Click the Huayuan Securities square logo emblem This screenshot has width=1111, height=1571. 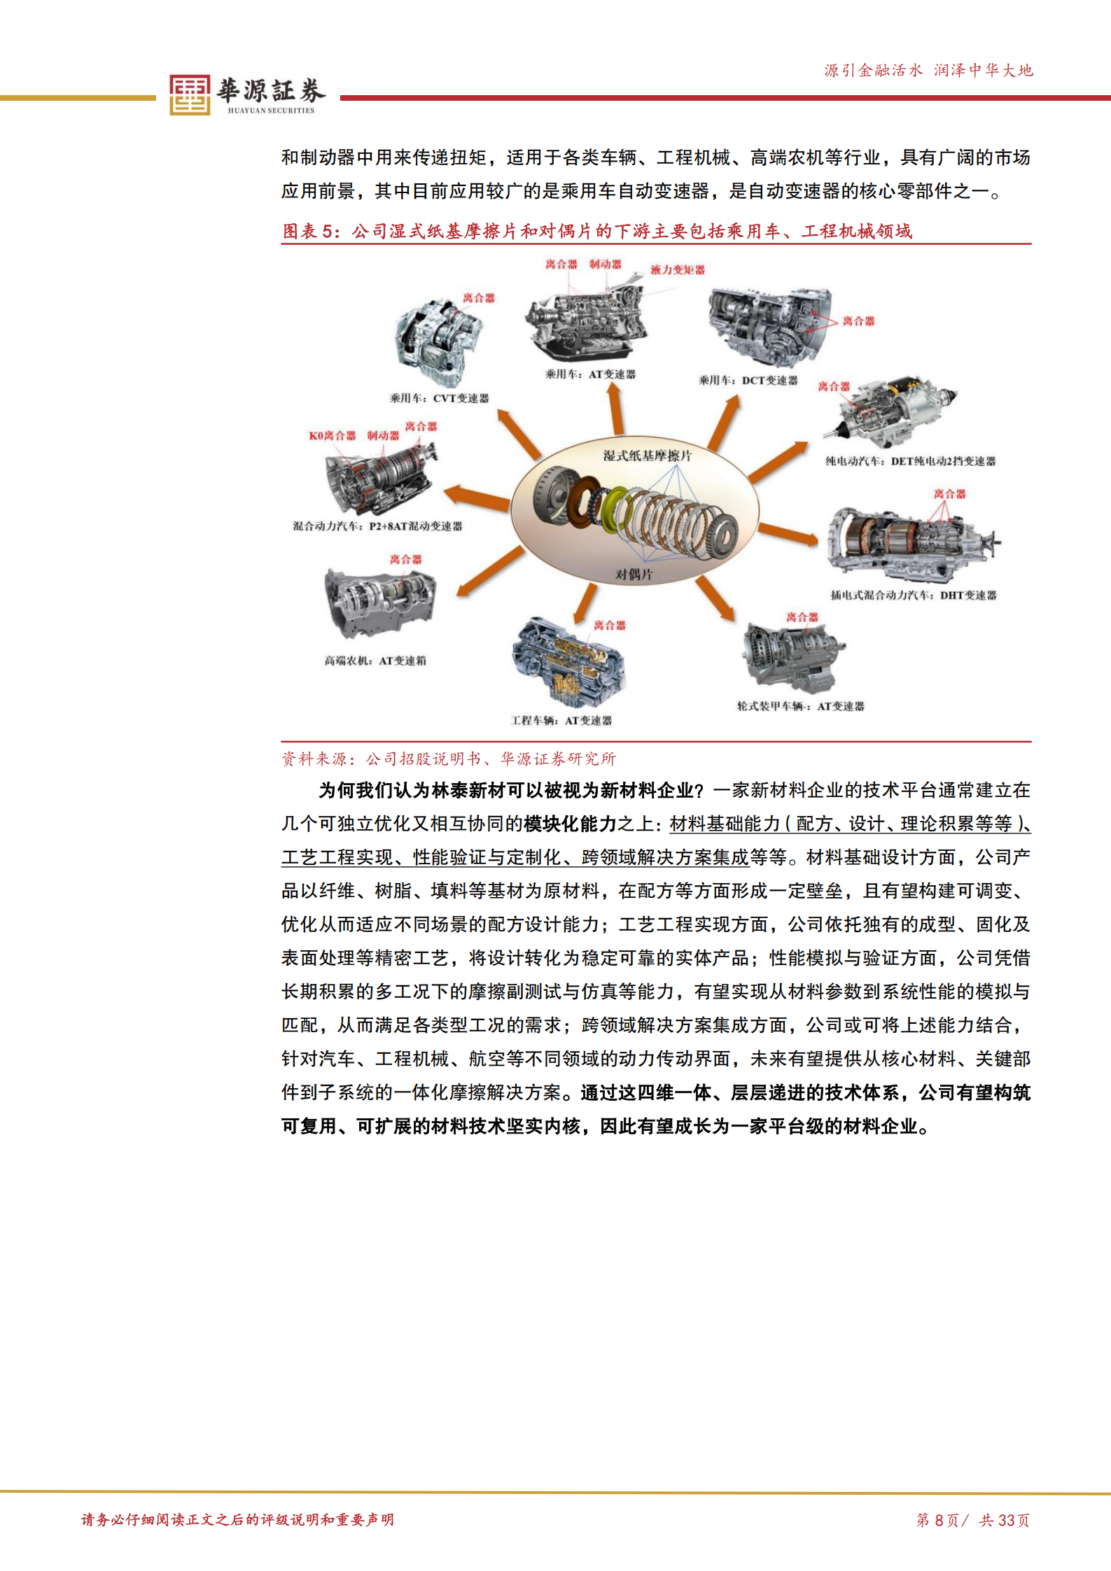coord(189,94)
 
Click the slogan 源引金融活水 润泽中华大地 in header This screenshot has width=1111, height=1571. coord(928,70)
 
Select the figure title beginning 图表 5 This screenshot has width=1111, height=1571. coord(596,231)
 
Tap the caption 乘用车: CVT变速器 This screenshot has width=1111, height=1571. coord(439,398)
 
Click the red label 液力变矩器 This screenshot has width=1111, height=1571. coord(677,269)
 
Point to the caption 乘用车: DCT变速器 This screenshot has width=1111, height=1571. coord(748,380)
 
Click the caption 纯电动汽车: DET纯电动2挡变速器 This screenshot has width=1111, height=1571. coord(910,461)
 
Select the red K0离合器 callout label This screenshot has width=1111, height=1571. coord(332,435)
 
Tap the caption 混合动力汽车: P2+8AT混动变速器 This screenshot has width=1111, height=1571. coord(377,526)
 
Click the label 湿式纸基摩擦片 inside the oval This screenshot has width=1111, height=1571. coord(647,456)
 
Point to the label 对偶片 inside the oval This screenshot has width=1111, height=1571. coord(634,574)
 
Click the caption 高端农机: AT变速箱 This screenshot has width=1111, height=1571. coord(375,660)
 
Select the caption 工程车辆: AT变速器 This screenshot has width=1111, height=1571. coord(561,720)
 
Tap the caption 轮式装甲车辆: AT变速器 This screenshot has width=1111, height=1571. coord(800,706)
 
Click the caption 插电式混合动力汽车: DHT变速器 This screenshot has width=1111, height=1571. coord(913,595)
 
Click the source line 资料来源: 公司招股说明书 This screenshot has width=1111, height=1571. coord(448,759)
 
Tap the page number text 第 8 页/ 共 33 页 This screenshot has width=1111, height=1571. coord(972,1519)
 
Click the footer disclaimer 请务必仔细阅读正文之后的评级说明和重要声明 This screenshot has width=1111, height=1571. coord(237,1519)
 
